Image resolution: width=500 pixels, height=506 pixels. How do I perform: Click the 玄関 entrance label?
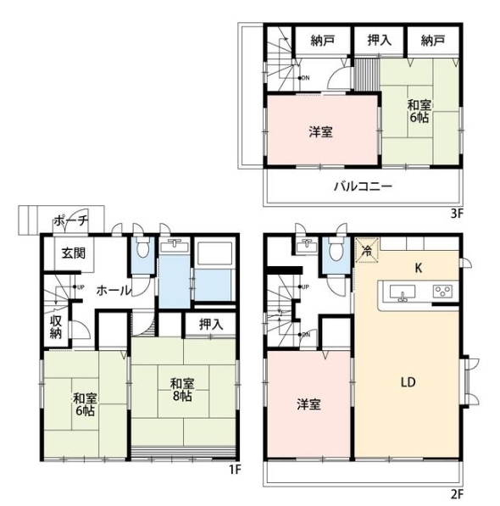(74, 253)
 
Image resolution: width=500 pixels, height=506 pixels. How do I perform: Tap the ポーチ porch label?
(71, 221)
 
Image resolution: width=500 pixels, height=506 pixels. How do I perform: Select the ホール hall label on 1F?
(114, 291)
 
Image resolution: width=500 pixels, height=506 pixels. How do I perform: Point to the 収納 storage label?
(56, 327)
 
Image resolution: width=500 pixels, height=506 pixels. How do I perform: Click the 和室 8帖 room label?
(182, 390)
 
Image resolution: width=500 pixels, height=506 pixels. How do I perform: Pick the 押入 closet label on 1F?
(211, 325)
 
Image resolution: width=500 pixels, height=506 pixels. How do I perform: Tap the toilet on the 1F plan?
(142, 247)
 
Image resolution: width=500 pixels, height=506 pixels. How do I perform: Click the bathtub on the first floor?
(214, 253)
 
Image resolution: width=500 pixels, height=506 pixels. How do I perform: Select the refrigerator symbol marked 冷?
(367, 250)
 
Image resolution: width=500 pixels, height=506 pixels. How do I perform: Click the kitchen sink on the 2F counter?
(403, 293)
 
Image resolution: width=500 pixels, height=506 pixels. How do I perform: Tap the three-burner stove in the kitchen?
(442, 292)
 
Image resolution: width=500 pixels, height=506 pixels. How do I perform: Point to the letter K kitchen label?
(419, 268)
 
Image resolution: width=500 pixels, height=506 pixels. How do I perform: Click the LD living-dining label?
(408, 382)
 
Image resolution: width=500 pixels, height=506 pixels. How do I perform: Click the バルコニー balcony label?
(363, 186)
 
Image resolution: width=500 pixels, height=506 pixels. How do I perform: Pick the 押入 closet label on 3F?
(380, 41)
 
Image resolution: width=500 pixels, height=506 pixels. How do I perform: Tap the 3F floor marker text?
(457, 214)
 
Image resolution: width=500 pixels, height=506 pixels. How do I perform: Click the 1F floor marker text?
(235, 470)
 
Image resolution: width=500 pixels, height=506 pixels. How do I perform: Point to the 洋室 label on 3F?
(320, 132)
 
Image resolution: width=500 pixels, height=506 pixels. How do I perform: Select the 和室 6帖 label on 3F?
(419, 112)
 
